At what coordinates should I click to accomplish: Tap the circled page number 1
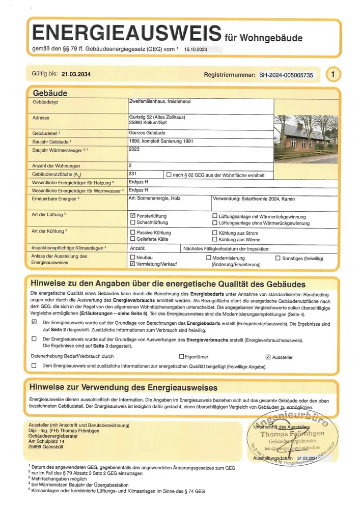(x=333, y=74)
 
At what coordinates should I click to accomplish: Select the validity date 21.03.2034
(x=76, y=74)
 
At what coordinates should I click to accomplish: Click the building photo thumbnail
(x=306, y=138)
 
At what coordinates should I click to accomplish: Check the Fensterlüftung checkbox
(x=133, y=216)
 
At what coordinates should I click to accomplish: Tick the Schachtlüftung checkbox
(x=133, y=222)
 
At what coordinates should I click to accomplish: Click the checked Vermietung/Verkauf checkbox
(x=133, y=265)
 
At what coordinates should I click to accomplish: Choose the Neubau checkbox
(x=133, y=258)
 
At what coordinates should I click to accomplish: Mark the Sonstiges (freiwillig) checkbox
(x=278, y=258)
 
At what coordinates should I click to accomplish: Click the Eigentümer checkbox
(x=181, y=357)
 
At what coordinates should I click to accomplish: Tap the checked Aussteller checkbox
(x=268, y=357)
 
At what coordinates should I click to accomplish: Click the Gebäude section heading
(x=50, y=93)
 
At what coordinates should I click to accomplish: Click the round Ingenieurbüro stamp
(x=294, y=435)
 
